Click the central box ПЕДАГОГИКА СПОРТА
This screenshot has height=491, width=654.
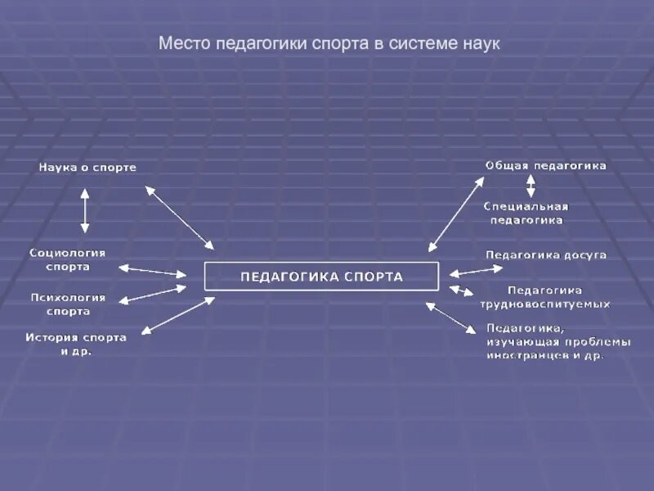pos(321,277)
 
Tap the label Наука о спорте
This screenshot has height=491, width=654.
pos(87,168)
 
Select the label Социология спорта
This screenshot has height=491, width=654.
pos(68,259)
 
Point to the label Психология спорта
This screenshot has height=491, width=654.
pos(68,304)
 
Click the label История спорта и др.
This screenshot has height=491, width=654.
pos(76,344)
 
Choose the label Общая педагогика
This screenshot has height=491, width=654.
pos(545,166)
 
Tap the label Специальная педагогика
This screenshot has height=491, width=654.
pos(526,213)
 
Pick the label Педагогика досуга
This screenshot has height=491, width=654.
pos(546,255)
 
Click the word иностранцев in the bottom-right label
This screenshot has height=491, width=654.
pos(522,356)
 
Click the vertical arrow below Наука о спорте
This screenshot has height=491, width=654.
pos(84,210)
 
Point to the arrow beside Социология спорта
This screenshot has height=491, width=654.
pos(153,270)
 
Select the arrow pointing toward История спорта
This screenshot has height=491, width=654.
pos(177,315)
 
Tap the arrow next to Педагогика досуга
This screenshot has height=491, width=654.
pos(465,271)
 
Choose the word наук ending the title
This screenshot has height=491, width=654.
pos(482,43)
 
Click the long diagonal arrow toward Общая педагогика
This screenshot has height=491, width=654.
pos(456,214)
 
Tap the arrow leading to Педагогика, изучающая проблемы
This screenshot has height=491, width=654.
pos(450,318)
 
